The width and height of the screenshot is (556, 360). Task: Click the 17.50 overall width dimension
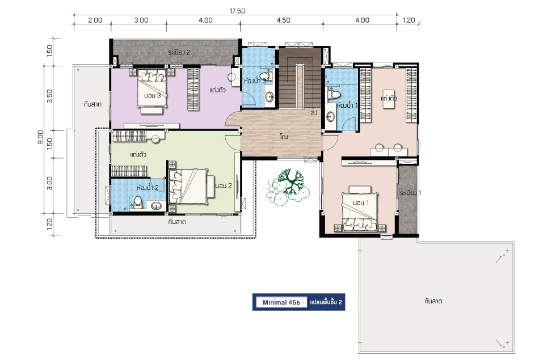click(237, 11)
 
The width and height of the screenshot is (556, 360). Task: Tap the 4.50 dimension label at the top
click(283, 20)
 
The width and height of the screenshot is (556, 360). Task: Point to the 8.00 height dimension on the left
click(40, 137)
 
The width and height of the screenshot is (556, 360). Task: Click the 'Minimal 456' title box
click(281, 302)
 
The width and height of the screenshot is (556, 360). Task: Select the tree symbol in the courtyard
click(288, 187)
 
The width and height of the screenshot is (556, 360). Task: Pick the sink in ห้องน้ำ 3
click(269, 97)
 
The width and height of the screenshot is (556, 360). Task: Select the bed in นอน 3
click(152, 91)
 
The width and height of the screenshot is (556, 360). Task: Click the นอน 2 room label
click(224, 186)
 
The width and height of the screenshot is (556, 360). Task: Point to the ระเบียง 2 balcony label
click(179, 52)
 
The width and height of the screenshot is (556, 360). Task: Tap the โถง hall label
click(284, 137)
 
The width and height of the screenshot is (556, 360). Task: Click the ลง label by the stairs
click(314, 113)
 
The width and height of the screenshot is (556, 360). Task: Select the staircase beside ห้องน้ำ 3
click(300, 78)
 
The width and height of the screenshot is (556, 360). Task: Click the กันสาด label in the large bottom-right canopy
click(433, 301)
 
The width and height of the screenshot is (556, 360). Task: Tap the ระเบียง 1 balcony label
click(410, 193)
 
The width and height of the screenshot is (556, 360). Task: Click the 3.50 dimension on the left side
click(50, 96)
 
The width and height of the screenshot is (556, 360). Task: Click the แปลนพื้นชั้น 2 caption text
click(326, 302)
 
